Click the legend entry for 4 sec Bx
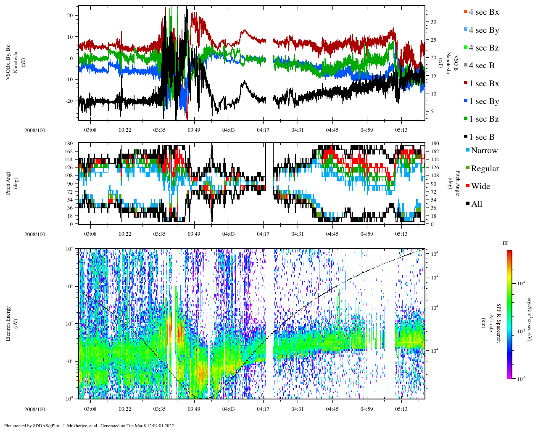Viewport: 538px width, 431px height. point(484,12)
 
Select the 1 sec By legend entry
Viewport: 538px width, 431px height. point(484,101)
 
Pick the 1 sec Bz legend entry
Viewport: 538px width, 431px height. point(484,119)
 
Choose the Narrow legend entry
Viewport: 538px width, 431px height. point(484,151)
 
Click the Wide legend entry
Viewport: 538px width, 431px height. point(480,186)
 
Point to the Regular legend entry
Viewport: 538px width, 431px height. point(485,169)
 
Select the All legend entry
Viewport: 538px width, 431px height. point(477,204)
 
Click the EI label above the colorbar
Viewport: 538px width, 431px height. point(505,243)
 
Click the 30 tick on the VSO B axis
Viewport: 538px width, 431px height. point(433,22)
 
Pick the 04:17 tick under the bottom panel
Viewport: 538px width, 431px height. point(264,409)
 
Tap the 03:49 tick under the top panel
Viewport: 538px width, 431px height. point(194,130)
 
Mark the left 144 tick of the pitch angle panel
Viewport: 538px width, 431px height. point(69,160)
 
